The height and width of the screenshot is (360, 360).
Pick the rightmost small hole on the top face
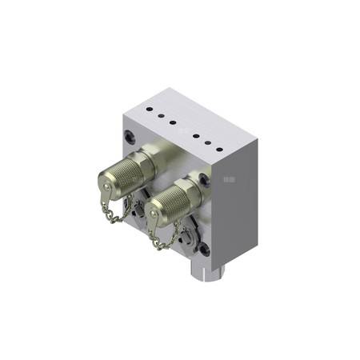(217, 148)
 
